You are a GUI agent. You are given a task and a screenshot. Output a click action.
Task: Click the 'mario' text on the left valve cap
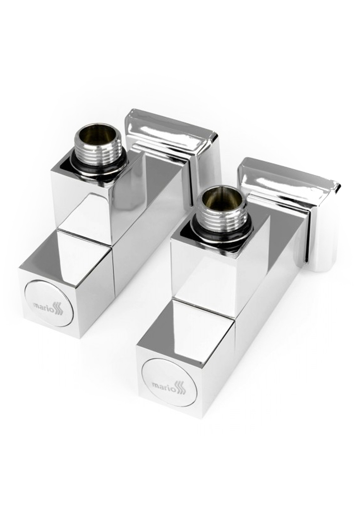(x=43, y=306)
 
